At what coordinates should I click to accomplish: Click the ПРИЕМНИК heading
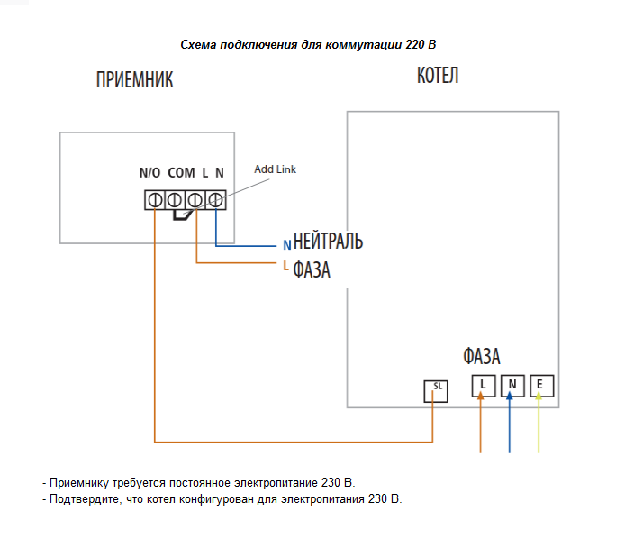tap(134, 80)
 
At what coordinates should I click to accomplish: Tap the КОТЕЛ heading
tap(438, 75)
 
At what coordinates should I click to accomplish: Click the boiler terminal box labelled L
tap(483, 386)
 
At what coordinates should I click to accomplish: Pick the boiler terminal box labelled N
tap(512, 386)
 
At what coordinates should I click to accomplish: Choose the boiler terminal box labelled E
tap(540, 386)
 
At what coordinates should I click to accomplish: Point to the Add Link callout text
tap(275, 169)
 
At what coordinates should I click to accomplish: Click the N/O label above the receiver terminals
tap(149, 172)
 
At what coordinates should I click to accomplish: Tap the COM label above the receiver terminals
tap(181, 172)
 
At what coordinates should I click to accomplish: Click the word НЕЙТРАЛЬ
tap(328, 242)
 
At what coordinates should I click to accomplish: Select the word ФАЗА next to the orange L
tap(312, 269)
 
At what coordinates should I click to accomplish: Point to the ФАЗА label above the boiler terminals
tap(482, 356)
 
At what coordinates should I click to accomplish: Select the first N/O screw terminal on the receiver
tap(155, 199)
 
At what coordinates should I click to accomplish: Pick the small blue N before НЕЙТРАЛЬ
tap(286, 244)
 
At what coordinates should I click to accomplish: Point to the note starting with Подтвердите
tap(222, 498)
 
